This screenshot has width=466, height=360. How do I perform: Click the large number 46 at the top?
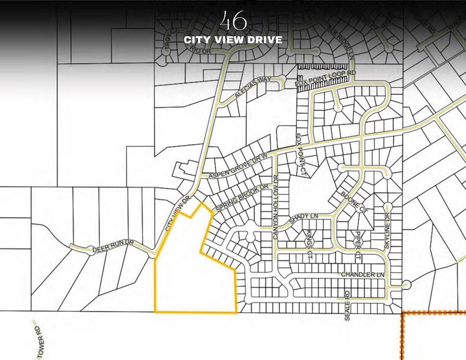click(x=235, y=21)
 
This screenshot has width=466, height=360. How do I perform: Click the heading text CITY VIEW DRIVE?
click(x=233, y=40)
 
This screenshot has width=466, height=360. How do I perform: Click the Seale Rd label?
click(x=347, y=301)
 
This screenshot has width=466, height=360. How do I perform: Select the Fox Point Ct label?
click(x=300, y=151)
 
